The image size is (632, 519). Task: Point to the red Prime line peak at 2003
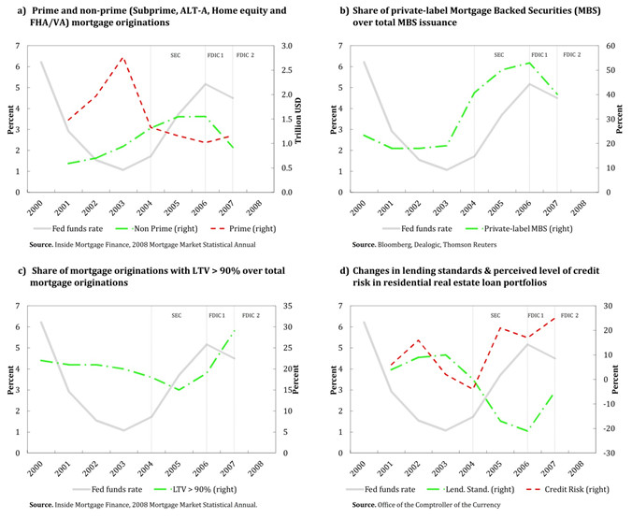122,58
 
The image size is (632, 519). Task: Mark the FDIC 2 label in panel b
570,55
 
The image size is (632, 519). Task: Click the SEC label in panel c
176,315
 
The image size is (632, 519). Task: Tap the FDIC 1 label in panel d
537,315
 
